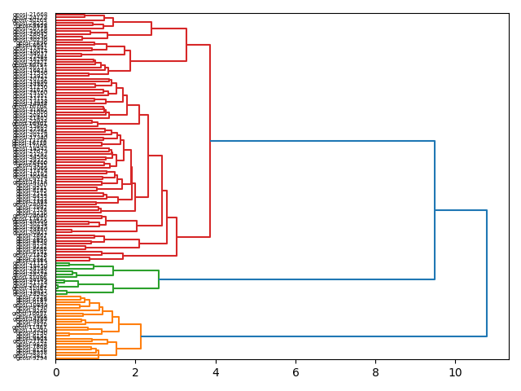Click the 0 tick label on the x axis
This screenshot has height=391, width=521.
pyautogui.click(x=56, y=372)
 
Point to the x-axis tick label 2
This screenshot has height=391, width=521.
pyautogui.click(x=136, y=372)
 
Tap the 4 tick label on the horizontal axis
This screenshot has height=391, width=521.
pyautogui.click(x=216, y=372)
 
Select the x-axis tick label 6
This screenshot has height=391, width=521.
pyautogui.click(x=296, y=372)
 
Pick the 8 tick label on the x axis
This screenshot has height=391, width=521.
pyautogui.click(x=375, y=372)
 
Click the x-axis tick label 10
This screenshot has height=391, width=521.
pyautogui.click(x=455, y=372)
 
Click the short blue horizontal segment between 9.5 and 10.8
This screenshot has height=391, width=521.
pyautogui.click(x=461, y=210)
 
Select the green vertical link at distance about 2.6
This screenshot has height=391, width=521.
pyautogui.click(x=159, y=279)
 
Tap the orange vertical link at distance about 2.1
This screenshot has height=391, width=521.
pyautogui.click(x=141, y=336)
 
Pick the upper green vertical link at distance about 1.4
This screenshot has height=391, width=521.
pyautogui.click(x=113, y=270)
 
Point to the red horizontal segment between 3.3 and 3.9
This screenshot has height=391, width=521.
pyautogui.click(x=198, y=45)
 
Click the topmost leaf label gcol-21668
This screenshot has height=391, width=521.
pyautogui.click(x=30, y=15)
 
